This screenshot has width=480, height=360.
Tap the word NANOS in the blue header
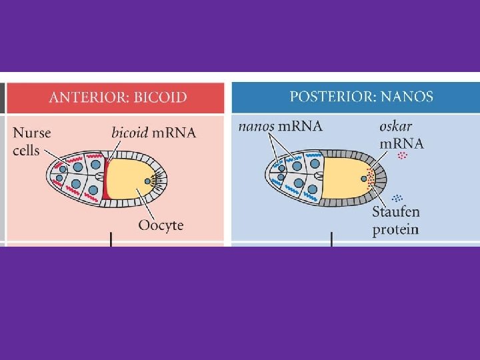[407, 97]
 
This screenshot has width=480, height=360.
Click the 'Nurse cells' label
[31, 140]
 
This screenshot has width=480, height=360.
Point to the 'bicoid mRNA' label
[153, 132]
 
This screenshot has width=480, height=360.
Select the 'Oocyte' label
[161, 225]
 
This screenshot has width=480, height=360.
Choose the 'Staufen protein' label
[396, 221]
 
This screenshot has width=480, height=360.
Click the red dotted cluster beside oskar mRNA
[401, 156]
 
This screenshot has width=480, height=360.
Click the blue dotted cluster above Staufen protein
[399, 197]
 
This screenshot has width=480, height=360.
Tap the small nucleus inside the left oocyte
[147, 179]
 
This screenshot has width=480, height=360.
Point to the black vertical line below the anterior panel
[110, 239]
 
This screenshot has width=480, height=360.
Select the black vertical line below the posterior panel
[331, 239]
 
